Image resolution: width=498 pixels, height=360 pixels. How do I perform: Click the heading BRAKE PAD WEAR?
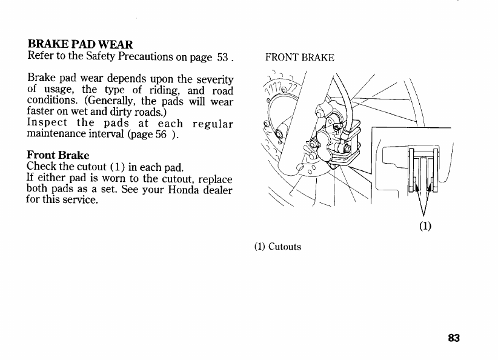click(80, 45)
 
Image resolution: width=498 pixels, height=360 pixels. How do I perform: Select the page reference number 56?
click(161, 134)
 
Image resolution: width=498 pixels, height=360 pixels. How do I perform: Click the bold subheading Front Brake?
click(58, 156)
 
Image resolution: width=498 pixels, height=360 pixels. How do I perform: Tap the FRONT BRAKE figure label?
click(300, 58)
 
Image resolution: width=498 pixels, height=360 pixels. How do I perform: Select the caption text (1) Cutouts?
click(277, 246)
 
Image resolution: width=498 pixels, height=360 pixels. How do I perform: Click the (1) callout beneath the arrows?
click(425, 227)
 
